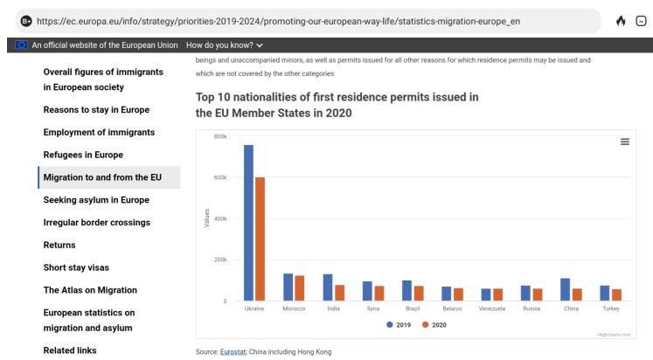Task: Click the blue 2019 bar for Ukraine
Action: pyautogui.click(x=248, y=223)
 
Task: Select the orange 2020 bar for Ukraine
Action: pyautogui.click(x=260, y=239)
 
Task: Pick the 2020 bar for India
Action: pyautogui.click(x=339, y=293)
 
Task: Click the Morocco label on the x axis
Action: pyautogui.click(x=294, y=308)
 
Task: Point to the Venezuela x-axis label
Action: pyautogui.click(x=491, y=308)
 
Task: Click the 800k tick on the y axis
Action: pyautogui.click(x=220, y=137)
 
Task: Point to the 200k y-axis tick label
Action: pyautogui.click(x=220, y=260)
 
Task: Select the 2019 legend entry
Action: pyautogui.click(x=399, y=324)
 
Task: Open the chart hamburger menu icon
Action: pyautogui.click(x=625, y=142)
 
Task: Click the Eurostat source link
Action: pyautogui.click(x=233, y=351)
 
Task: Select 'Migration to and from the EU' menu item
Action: pyautogui.click(x=102, y=177)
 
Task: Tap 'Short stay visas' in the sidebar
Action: pyautogui.click(x=76, y=267)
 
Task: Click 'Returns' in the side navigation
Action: pyautogui.click(x=59, y=245)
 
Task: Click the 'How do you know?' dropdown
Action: pyautogui.click(x=225, y=45)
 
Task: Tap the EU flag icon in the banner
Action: pyautogui.click(x=22, y=45)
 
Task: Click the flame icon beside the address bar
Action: pyautogui.click(x=621, y=20)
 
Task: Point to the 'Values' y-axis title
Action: pyautogui.click(x=207, y=218)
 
